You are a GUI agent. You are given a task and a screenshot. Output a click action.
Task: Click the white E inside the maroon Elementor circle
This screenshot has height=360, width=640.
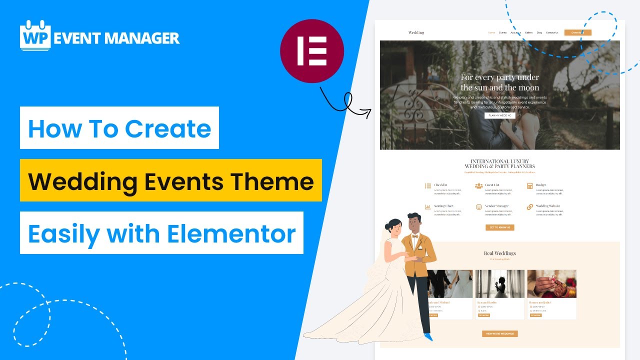tap(311, 51)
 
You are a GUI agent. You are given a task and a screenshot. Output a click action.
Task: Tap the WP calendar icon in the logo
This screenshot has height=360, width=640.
tap(35, 36)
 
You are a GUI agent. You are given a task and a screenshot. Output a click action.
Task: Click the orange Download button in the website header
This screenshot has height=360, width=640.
tap(577, 32)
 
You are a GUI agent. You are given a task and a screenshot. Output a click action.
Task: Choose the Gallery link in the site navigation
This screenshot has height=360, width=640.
tap(528, 32)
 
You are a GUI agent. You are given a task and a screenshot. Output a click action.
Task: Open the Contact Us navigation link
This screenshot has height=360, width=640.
tap(552, 32)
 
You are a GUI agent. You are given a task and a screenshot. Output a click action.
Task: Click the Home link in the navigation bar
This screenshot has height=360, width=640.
tap(491, 32)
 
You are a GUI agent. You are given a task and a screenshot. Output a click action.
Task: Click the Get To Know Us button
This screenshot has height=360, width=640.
tap(499, 227)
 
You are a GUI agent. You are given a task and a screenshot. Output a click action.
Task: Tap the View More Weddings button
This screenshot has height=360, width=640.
tap(499, 333)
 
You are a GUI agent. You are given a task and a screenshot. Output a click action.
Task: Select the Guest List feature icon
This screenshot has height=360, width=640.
tap(478, 186)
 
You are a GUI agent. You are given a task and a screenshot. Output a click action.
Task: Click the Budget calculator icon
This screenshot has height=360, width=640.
tap(530, 186)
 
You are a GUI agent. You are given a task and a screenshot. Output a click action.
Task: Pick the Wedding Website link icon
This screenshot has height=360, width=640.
tap(530, 207)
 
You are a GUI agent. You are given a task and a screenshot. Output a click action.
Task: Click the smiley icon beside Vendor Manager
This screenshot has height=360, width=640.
tap(478, 207)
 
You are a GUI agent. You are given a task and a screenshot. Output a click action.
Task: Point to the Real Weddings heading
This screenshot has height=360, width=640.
tap(499, 253)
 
